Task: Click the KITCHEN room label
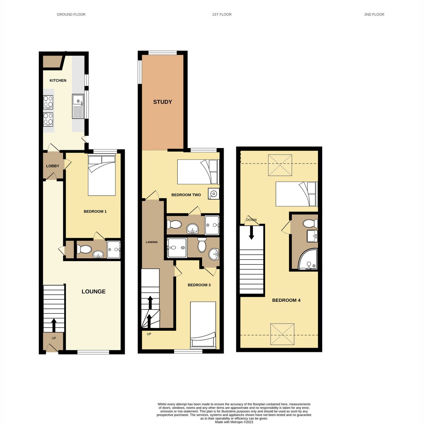tap(58, 81)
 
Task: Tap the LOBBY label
tap(53, 166)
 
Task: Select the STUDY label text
tap(163, 102)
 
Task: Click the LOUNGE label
tap(94, 291)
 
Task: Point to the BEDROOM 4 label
tap(286, 300)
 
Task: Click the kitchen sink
tap(78, 106)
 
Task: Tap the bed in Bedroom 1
tap(102, 176)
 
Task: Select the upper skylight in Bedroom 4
tap(280, 165)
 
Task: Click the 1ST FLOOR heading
tap(222, 14)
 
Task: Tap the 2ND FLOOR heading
tap(374, 14)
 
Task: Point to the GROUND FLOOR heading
tap(71, 14)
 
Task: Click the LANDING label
tap(152, 242)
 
